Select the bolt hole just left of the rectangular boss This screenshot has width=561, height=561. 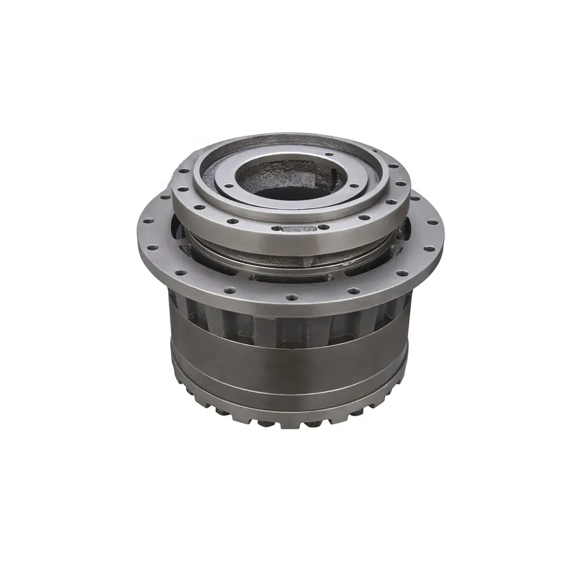point(275,228)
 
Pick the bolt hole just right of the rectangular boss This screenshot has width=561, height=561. point(323,227)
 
